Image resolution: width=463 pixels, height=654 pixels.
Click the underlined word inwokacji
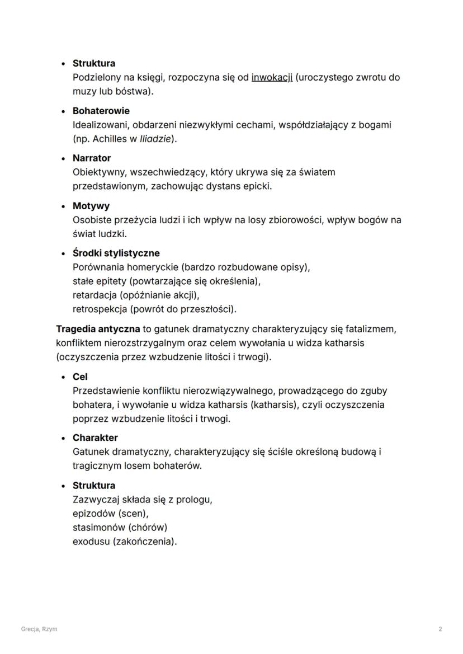pyautogui.click(x=272, y=77)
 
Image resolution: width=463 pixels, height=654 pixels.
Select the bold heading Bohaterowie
pyautogui.click(x=101, y=111)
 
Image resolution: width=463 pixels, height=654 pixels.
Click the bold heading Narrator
pyautogui.click(x=92, y=158)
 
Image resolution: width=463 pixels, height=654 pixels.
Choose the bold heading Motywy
pyautogui.click(x=91, y=206)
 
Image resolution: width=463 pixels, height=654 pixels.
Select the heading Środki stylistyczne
pyautogui.click(x=116, y=253)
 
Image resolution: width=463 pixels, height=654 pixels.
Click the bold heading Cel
pyautogui.click(x=80, y=377)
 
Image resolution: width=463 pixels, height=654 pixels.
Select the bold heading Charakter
pyautogui.click(x=95, y=437)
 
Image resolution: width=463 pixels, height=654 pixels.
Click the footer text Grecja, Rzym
pyautogui.click(x=39, y=629)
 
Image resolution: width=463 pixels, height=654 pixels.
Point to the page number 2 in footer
pyautogui.click(x=441, y=629)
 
